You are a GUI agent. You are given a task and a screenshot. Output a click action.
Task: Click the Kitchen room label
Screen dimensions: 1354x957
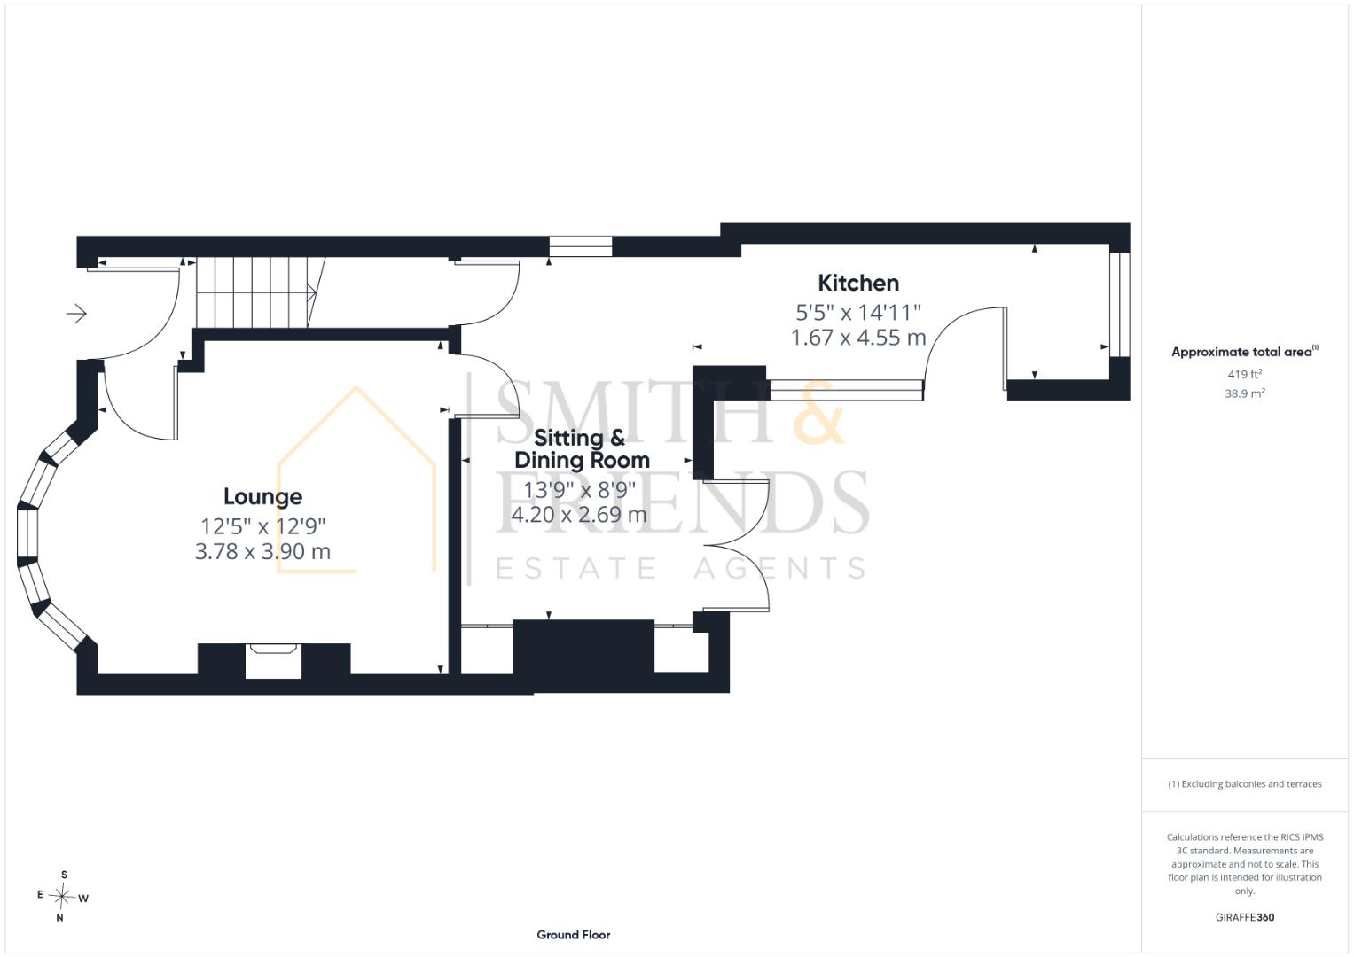point(858,283)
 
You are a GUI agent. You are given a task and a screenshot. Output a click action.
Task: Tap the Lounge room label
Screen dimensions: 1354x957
point(263,496)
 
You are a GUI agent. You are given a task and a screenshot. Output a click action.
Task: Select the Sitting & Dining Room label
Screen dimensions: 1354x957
point(582,449)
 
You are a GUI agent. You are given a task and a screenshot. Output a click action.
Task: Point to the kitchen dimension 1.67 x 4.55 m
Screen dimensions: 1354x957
point(858,337)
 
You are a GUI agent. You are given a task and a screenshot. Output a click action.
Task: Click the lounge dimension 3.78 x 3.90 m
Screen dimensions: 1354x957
point(263,551)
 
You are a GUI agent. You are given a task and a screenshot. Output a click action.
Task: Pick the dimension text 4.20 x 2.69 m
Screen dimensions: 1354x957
point(579,515)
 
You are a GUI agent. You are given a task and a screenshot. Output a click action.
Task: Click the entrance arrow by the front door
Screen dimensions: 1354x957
point(77,313)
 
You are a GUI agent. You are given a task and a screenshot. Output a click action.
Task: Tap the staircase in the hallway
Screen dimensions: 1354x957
point(261,292)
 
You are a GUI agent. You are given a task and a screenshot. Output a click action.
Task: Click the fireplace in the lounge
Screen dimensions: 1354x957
point(274,660)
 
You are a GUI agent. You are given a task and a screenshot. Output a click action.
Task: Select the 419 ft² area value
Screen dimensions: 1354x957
point(1245,374)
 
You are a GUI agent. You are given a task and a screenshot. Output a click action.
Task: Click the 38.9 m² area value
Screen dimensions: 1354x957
point(1245,393)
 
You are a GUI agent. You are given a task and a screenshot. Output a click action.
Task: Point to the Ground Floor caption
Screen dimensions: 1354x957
point(574,935)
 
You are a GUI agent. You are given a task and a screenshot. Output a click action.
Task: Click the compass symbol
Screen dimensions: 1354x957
point(62,897)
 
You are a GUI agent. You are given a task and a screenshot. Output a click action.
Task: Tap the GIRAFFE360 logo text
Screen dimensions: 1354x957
point(1245,917)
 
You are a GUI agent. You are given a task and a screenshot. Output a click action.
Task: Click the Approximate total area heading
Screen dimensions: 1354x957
point(1245,352)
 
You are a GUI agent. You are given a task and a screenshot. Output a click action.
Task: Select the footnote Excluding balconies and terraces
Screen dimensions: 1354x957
point(1245,784)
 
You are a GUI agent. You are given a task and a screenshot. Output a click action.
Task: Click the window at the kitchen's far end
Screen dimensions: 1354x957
point(1120,305)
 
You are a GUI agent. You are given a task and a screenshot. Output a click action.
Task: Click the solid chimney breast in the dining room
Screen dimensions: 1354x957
point(583,647)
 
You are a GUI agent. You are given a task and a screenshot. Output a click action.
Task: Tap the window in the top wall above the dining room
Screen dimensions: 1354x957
point(580,246)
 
